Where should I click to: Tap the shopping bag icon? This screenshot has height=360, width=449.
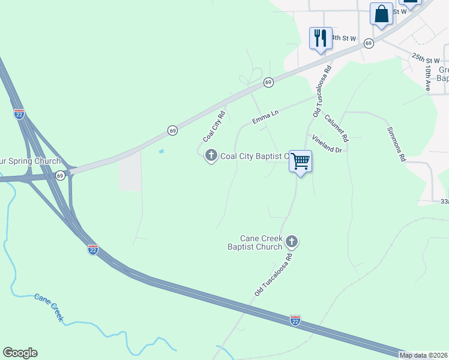(381, 14)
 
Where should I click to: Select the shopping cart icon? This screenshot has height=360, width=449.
(300, 161)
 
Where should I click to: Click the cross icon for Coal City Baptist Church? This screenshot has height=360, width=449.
(211, 156)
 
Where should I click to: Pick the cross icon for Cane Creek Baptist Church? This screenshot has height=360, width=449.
(292, 242)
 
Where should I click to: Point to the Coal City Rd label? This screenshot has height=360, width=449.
(214, 123)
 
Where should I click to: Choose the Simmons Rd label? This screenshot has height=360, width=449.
(397, 145)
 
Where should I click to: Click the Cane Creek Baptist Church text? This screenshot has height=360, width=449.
(255, 242)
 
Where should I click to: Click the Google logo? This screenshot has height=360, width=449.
(20, 353)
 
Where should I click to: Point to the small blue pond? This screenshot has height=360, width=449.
(161, 151)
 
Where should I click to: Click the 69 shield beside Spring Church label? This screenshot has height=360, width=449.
(60, 175)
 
